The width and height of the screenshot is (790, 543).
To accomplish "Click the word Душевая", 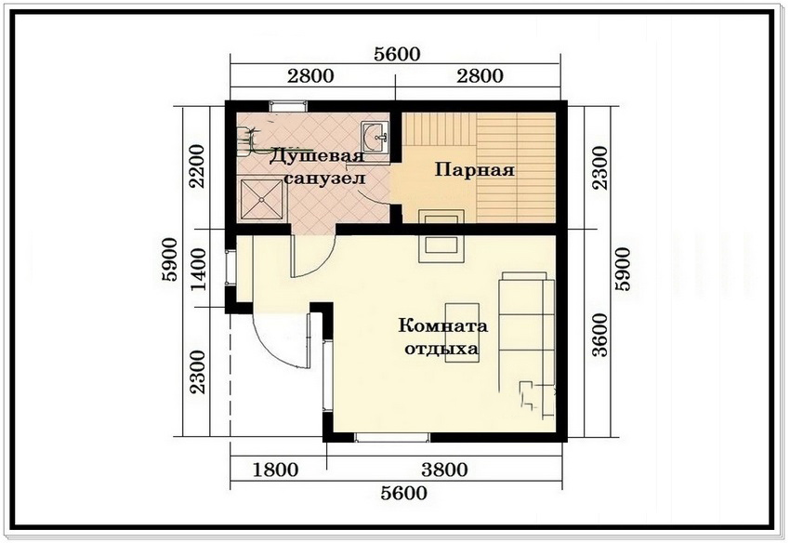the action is click(316, 156).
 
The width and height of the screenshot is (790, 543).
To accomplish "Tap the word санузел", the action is click(325, 179).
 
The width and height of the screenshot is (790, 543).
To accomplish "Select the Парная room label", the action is click(475, 169).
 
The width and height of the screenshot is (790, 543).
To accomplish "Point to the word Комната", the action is click(443, 325).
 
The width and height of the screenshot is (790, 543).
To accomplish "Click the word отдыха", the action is click(441, 349).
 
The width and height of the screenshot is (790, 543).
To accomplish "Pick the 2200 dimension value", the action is click(197, 166).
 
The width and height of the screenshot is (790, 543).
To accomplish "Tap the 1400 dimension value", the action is click(199, 270).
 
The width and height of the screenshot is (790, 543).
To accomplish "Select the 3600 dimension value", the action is click(600, 335).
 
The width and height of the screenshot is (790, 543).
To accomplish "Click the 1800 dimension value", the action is click(275, 470).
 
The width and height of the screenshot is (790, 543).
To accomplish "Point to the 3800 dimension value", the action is click(444, 470).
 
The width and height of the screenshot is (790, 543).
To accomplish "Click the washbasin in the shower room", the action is click(375, 136).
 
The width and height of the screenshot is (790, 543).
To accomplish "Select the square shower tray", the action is click(261, 199).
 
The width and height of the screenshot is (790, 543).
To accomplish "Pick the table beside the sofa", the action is click(462, 332).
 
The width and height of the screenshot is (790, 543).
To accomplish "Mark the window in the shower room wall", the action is click(288, 106).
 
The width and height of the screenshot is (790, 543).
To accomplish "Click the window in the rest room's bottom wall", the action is click(392, 437).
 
